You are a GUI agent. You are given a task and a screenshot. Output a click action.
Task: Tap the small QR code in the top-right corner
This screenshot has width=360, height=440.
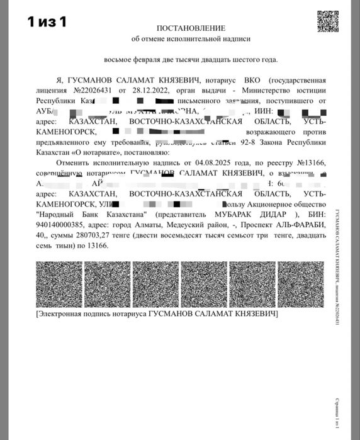click(328, 21)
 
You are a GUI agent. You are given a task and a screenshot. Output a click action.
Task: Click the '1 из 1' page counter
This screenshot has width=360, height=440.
click(47, 22)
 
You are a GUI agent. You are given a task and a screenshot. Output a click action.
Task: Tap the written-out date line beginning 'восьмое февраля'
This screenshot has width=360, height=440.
click(190, 60)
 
